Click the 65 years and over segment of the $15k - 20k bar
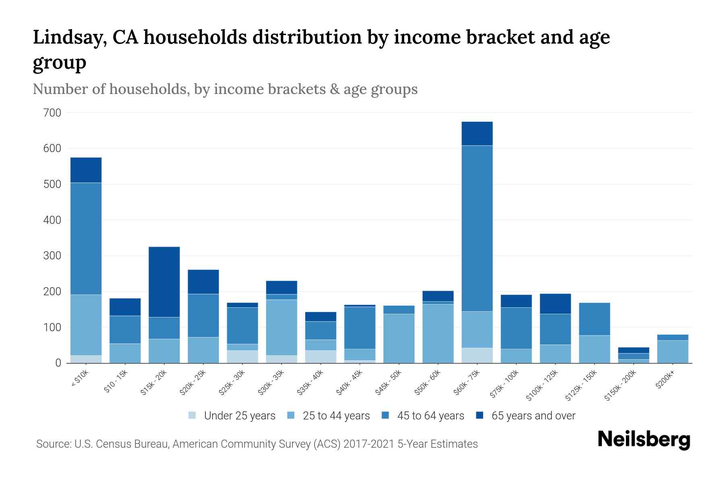pos(164,282)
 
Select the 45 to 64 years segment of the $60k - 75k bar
pos(477,228)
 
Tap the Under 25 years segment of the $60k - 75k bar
pos(477,355)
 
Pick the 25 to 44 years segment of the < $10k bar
pos(86,325)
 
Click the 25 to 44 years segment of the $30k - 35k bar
pos(282,327)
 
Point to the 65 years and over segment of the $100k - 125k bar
pos(555,304)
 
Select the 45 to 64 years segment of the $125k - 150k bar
pos(594,319)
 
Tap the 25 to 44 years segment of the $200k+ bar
pos(673,352)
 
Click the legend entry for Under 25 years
pos(239,416)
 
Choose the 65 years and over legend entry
pos(533,416)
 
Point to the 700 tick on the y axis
pos(52,113)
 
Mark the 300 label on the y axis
pos(52,256)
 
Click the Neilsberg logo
pos(644,440)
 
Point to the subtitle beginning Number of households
pos(225,89)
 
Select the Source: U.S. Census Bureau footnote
pos(257,444)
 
